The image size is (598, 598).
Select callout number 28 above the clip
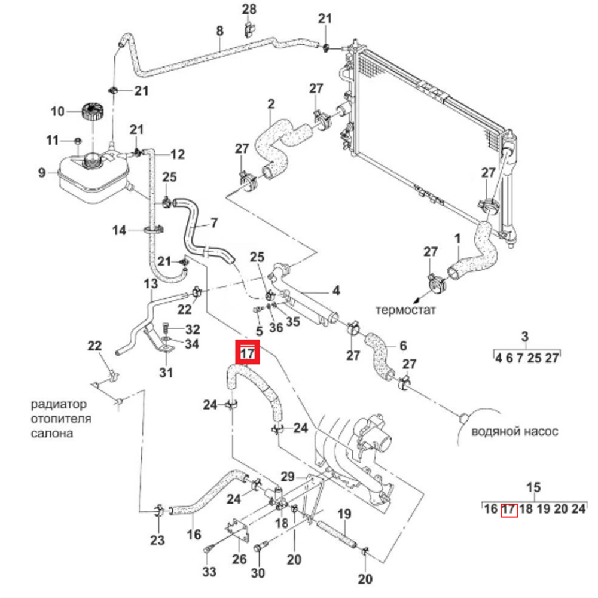248,9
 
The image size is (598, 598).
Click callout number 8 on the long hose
219,30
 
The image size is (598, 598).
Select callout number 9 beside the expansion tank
42,173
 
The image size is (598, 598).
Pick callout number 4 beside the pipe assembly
336,291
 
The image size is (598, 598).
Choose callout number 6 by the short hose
403,346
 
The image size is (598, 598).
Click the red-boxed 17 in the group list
508,509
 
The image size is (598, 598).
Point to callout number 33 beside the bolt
209,572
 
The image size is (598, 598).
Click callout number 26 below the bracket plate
239,560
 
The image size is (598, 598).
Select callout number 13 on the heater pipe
150,283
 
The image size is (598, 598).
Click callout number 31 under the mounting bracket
166,373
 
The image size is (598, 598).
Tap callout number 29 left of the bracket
288,477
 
